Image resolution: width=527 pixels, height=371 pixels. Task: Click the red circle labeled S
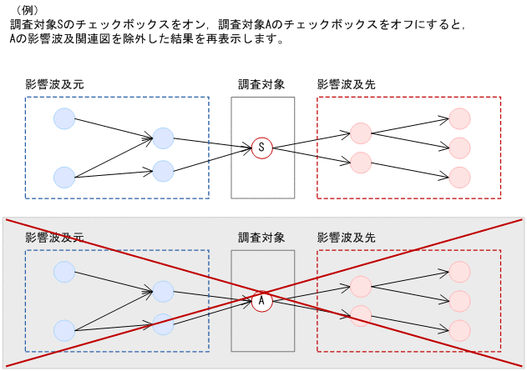pyautogui.click(x=262, y=148)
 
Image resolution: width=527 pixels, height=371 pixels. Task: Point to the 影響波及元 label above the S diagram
pyautogui.click(x=54, y=84)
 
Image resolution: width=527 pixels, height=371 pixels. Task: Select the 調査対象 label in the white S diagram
pyautogui.click(x=261, y=84)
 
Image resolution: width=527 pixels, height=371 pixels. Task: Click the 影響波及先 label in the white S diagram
pyautogui.click(x=346, y=84)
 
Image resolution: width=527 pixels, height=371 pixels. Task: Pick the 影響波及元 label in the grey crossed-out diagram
pyautogui.click(x=54, y=238)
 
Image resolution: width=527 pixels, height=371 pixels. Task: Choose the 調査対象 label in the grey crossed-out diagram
pyautogui.click(x=261, y=238)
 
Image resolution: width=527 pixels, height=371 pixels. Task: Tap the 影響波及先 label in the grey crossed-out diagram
pyautogui.click(x=346, y=238)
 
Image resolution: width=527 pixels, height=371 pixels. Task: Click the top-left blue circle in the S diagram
pyautogui.click(x=64, y=118)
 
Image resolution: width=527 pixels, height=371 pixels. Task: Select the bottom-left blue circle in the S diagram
pyautogui.click(x=64, y=177)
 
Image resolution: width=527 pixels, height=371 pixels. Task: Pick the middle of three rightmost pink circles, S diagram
pyautogui.click(x=460, y=148)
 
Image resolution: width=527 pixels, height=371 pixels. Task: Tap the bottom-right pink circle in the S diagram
pyautogui.click(x=460, y=177)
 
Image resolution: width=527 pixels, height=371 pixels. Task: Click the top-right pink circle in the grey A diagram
pyautogui.click(x=460, y=272)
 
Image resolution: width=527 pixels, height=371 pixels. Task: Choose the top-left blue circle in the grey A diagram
pyautogui.click(x=64, y=272)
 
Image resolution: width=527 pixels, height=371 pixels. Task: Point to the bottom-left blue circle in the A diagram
pyautogui.click(x=64, y=330)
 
